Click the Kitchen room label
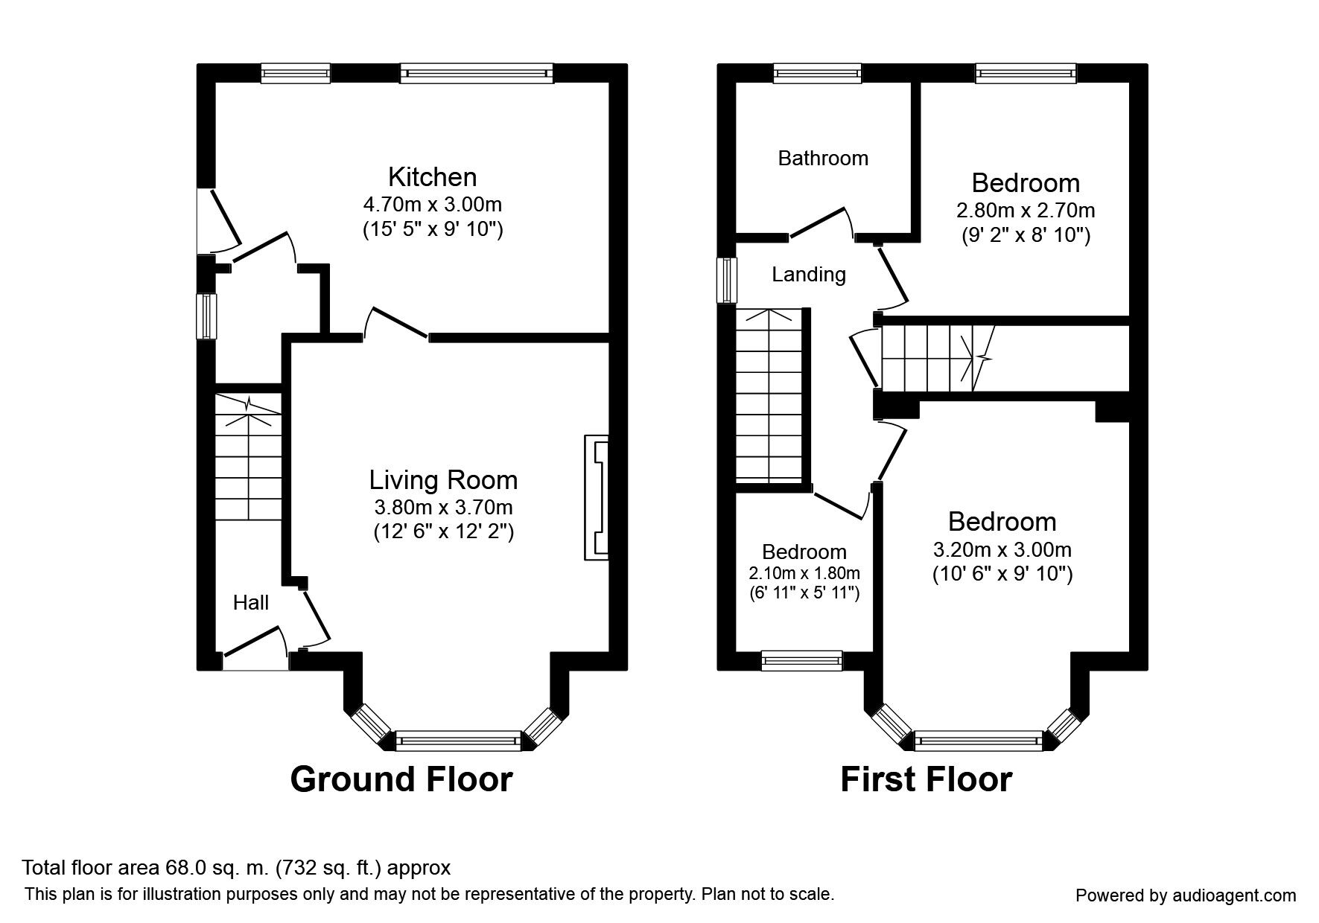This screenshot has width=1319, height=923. [432, 177]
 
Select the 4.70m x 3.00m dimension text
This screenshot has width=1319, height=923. [432, 204]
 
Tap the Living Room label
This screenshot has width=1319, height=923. [443, 480]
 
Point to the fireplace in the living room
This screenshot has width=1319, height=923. [597, 496]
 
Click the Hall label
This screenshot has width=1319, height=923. [251, 603]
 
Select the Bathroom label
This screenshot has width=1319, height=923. [823, 158]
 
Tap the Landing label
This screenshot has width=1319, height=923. [809, 275]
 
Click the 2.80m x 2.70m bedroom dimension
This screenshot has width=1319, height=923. [1026, 211]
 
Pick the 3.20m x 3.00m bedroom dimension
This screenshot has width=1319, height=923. [1002, 550]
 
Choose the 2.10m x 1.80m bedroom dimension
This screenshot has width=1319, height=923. [804, 573]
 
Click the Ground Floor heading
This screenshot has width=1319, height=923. [401, 779]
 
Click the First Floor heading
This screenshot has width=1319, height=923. [926, 779]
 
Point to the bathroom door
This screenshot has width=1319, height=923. [819, 223]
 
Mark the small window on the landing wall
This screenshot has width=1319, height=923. [726, 281]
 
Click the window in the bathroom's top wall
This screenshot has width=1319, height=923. [817, 72]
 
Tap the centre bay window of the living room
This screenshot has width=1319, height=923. [458, 740]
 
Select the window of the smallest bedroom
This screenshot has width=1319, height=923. [801, 659]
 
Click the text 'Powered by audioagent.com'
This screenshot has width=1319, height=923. [1186, 895]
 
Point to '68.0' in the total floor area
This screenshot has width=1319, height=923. [179, 867]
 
